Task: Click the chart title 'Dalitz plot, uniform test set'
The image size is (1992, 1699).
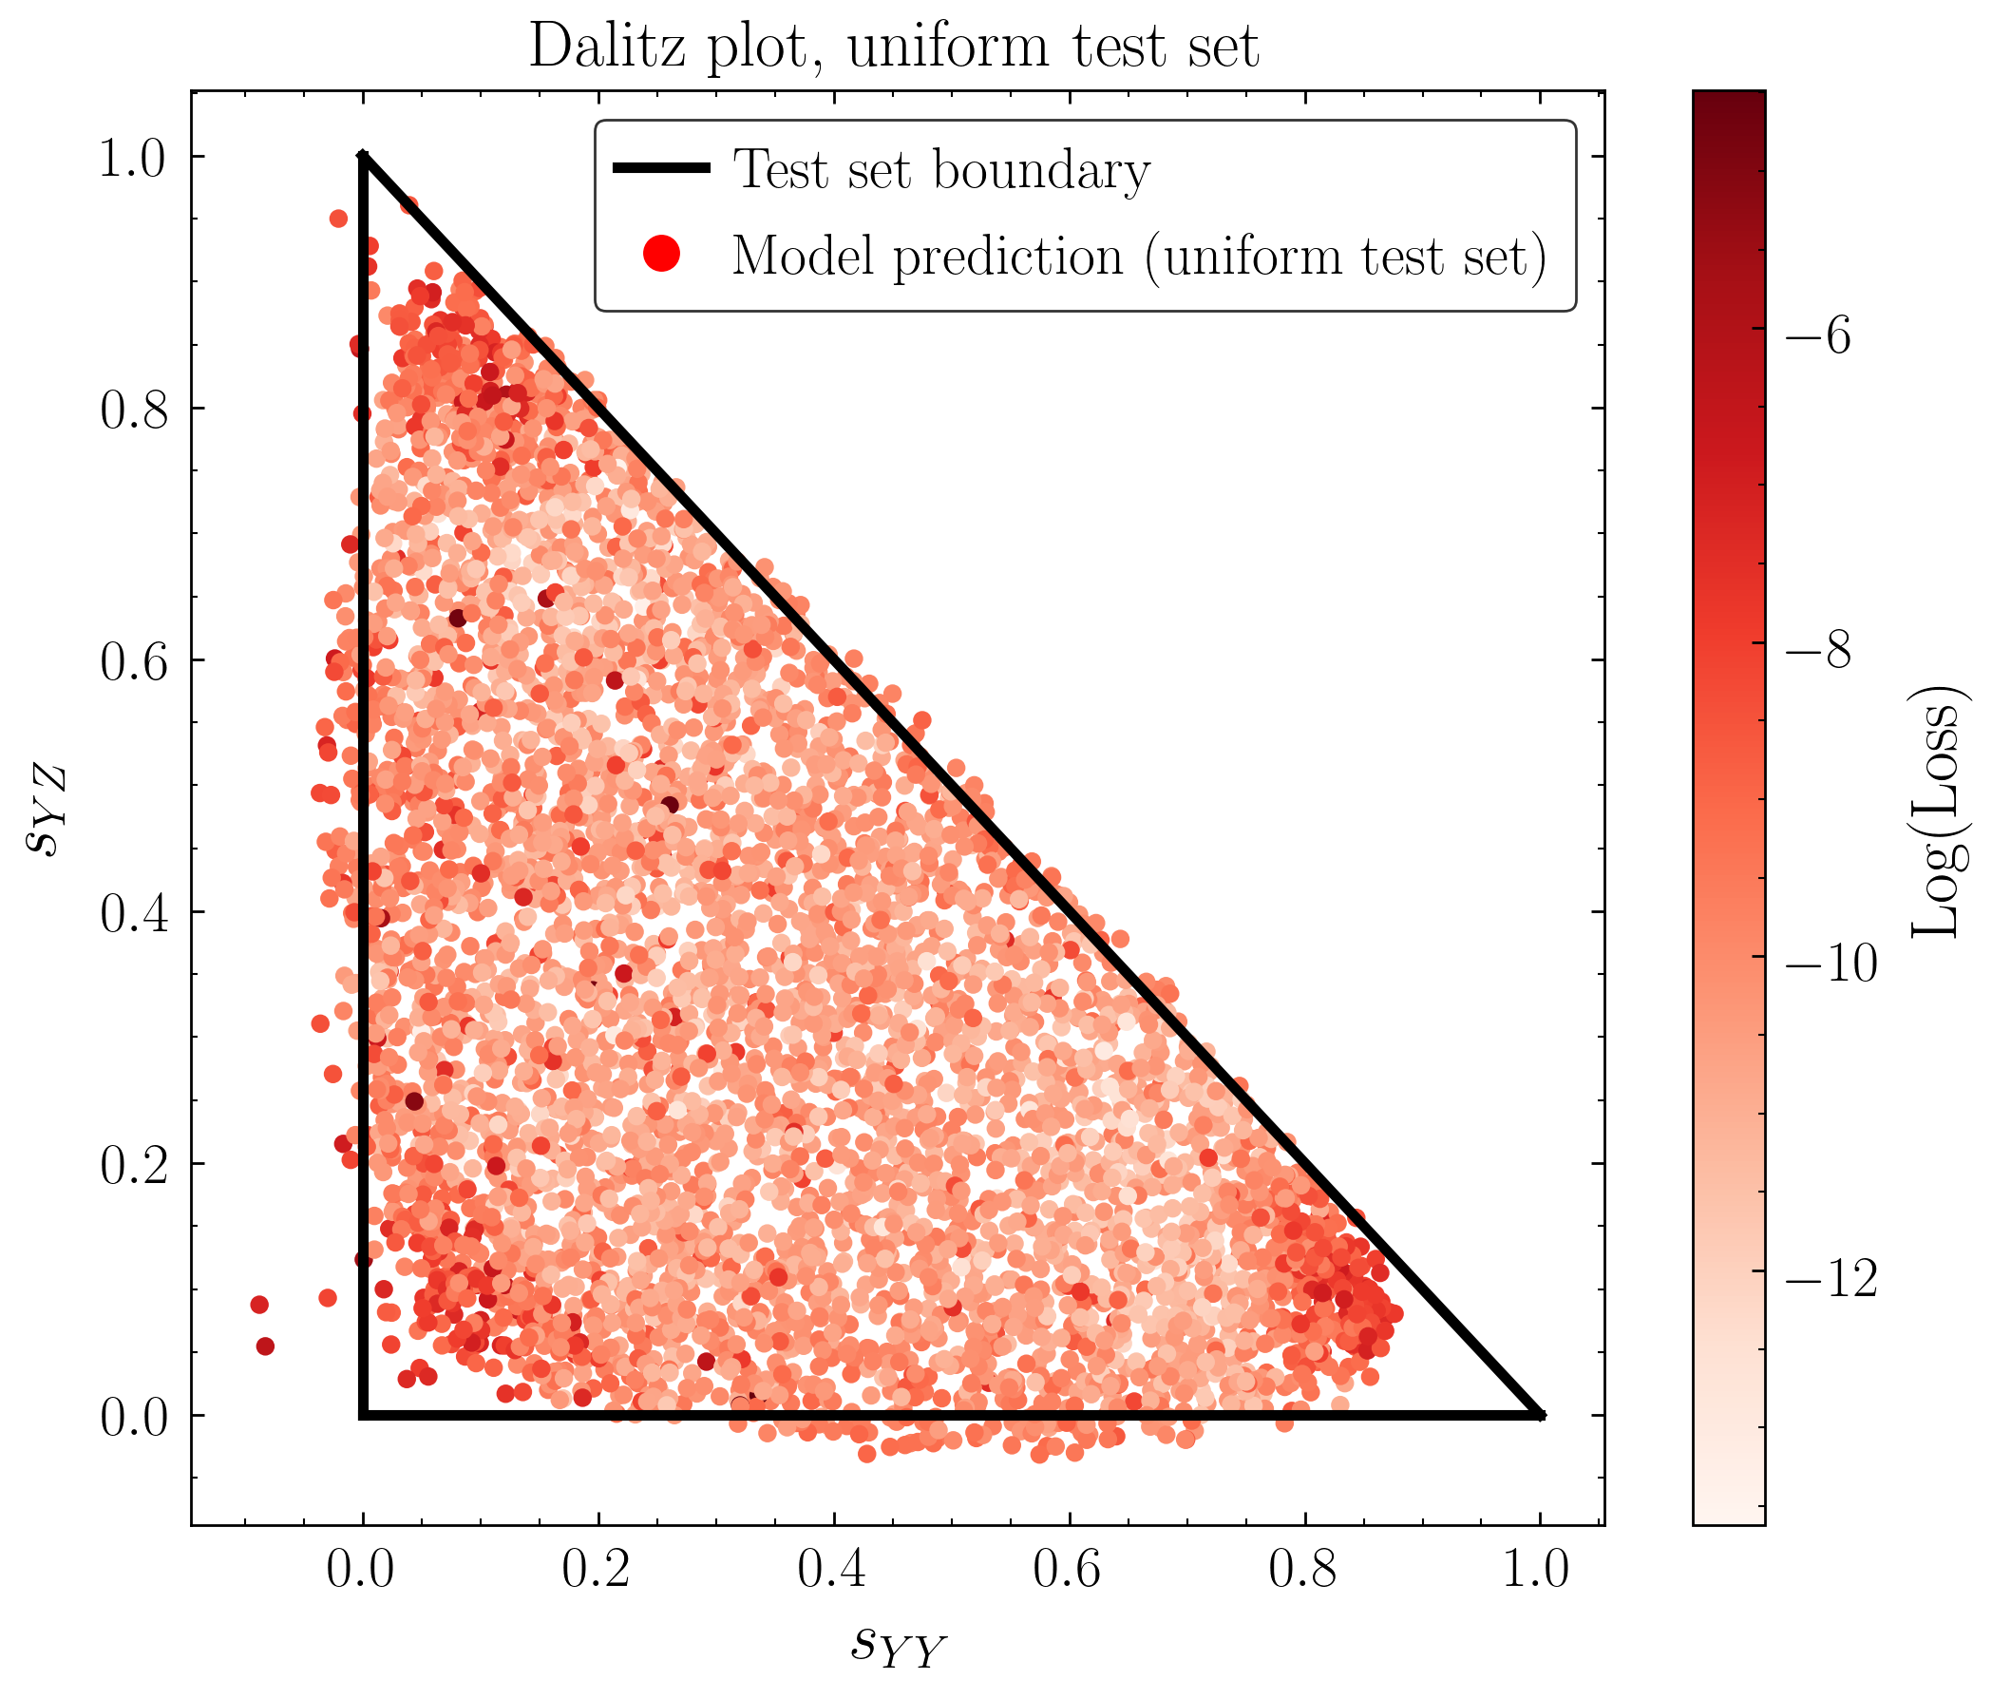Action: (x=893, y=46)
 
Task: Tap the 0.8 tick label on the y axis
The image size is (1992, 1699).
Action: (x=134, y=410)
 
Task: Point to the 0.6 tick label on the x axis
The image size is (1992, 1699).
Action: (x=1067, y=1569)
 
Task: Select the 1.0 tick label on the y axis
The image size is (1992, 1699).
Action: (x=134, y=158)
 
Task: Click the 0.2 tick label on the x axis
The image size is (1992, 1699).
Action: (x=596, y=1569)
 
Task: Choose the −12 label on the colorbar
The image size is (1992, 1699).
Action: (x=1831, y=1279)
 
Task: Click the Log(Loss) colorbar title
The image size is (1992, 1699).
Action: (x=1934, y=811)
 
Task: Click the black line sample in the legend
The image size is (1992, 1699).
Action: (x=661, y=168)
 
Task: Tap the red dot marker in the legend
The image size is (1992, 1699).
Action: (x=661, y=254)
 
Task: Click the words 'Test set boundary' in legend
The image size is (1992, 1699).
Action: (x=941, y=170)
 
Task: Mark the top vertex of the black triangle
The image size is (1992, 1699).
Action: (x=364, y=155)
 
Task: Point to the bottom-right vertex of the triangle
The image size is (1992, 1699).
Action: (x=1539, y=1414)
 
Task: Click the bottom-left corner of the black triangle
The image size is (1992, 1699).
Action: (x=364, y=1414)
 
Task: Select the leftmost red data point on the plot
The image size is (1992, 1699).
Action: (x=258, y=1305)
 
